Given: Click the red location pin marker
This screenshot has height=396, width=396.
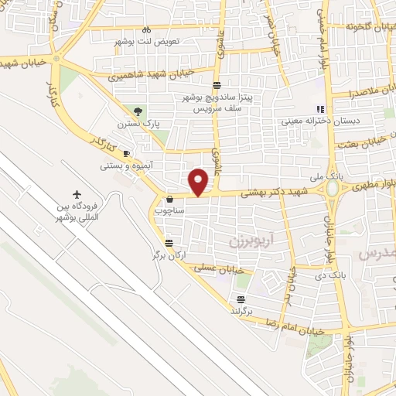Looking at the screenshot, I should tap(200, 180).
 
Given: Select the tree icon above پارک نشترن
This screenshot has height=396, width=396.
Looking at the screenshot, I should tap(138, 111).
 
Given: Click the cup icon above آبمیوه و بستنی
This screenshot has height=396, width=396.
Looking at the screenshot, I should tap(127, 154).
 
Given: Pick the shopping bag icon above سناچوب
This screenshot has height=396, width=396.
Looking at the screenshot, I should tap(169, 198).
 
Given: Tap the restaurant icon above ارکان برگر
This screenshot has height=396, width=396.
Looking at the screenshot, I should tap(169, 241).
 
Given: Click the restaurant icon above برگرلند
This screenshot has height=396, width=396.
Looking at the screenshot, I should tap(242, 298).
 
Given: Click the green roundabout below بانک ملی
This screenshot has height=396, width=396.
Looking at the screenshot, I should tap(333, 188).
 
